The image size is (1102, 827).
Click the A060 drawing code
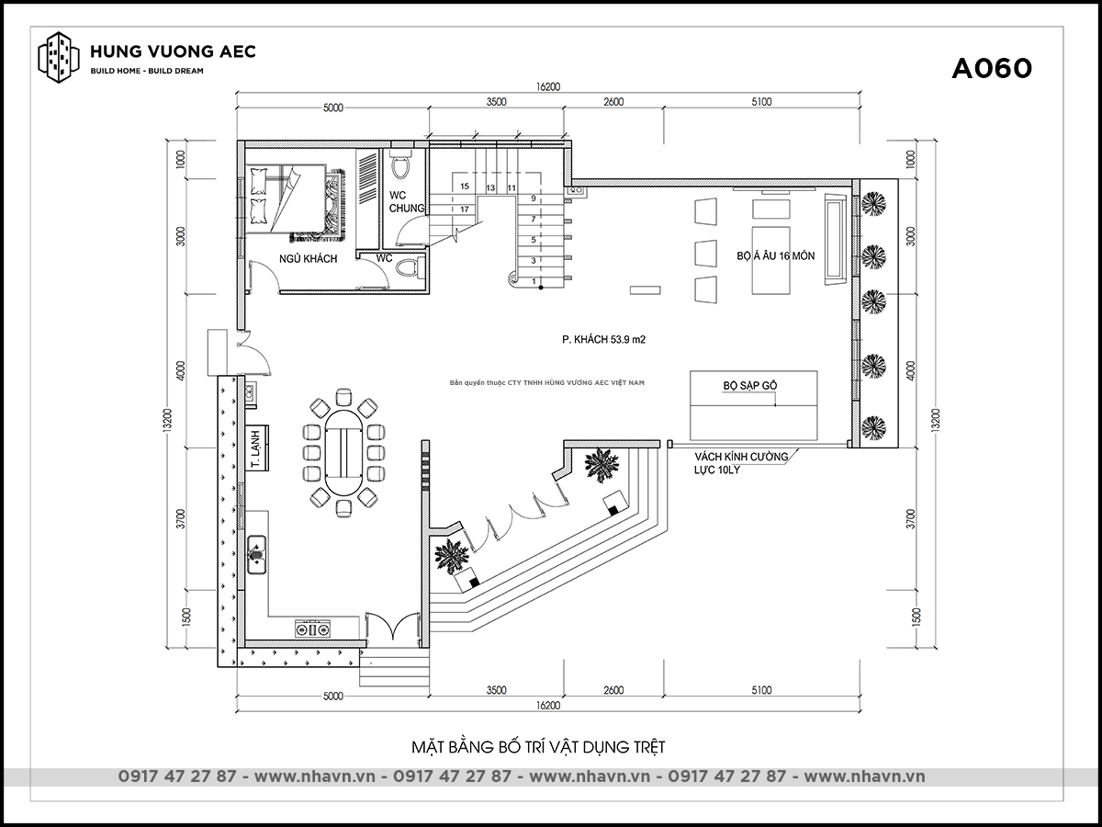[x=992, y=68]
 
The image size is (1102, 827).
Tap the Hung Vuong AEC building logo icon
[x=59, y=57]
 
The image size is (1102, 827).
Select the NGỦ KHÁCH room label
[x=309, y=258]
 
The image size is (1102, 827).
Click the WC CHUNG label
[x=407, y=201]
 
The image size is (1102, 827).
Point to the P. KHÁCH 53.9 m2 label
[x=604, y=339]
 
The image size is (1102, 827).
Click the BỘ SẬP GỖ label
[x=750, y=385]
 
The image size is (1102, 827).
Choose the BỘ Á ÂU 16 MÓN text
[x=776, y=255]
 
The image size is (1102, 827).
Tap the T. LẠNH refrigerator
[x=256, y=447]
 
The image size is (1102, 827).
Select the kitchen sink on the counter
[x=256, y=554]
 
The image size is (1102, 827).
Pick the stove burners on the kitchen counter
[x=312, y=629]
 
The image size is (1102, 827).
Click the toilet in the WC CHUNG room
[x=400, y=164]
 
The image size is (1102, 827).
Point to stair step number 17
[x=465, y=210]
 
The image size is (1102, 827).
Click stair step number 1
[x=534, y=282]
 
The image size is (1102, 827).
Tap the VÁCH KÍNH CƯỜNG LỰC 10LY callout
[x=741, y=463]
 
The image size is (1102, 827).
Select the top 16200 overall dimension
[x=547, y=86]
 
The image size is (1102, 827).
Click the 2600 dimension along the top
[x=613, y=102]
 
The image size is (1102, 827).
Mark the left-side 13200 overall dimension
[x=168, y=420]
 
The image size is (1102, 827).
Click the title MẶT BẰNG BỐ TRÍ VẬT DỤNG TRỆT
[x=538, y=747]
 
